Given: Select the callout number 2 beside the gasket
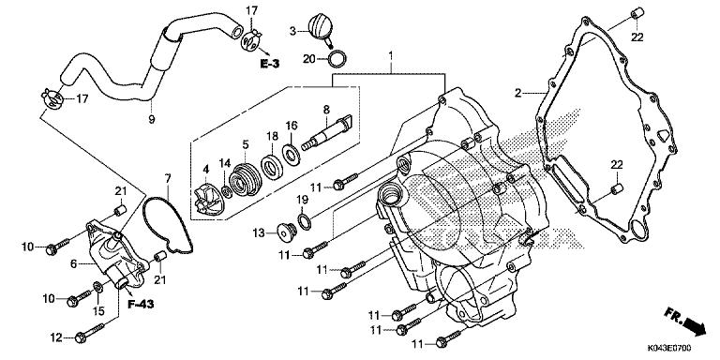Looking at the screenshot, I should tap(517, 92).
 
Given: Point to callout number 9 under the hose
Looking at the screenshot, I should tap(151, 120).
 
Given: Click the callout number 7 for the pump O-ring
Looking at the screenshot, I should tap(168, 178).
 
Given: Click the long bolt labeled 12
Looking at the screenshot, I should tap(90, 333).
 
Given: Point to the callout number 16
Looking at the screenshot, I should tap(292, 126).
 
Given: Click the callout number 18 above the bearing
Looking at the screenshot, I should tap(272, 136).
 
